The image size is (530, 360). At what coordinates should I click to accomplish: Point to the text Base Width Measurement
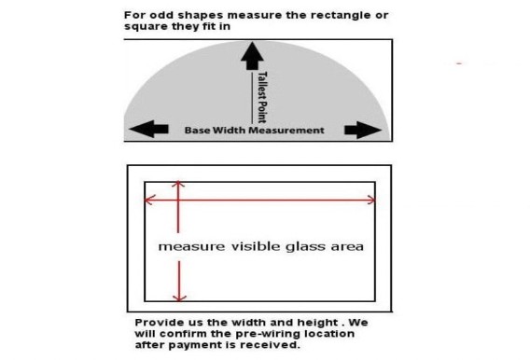pos(253,131)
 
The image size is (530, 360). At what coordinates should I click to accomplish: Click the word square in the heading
pos(145,26)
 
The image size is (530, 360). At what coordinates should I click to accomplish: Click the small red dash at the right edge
pos(460,62)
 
